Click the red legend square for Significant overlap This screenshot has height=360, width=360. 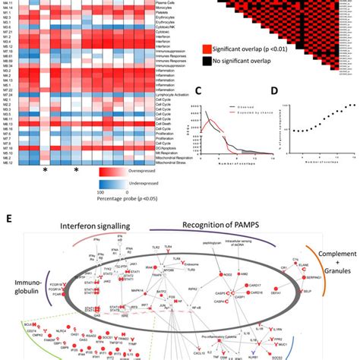(x=210, y=49)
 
